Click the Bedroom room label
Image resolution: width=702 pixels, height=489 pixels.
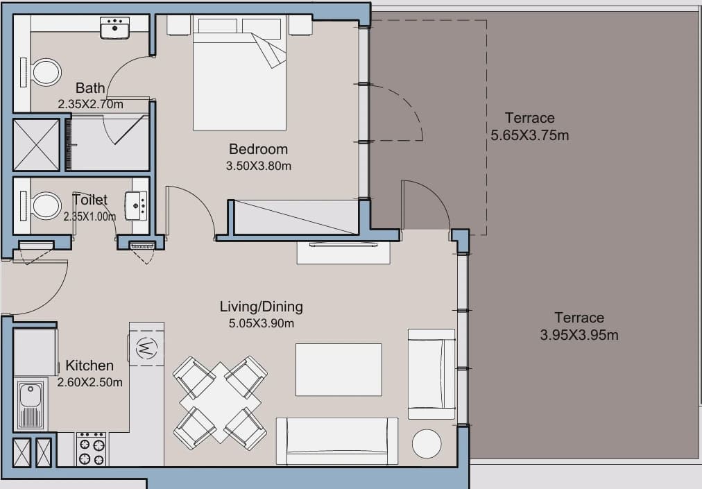(258, 148)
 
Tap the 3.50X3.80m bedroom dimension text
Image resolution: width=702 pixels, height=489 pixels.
(258, 166)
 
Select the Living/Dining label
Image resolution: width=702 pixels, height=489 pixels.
(261, 307)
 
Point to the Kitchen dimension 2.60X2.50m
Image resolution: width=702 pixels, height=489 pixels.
(89, 382)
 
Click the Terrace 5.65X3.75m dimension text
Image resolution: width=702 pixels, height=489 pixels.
(530, 135)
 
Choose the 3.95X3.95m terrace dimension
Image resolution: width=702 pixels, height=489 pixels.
(579, 334)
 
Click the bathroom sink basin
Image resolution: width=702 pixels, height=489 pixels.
(114, 28)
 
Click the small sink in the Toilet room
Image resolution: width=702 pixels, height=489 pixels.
(136, 205)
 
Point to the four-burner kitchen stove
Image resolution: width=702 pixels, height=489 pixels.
(92, 449)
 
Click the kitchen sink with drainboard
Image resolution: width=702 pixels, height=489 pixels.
(31, 405)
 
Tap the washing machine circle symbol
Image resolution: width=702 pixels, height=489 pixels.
(146, 347)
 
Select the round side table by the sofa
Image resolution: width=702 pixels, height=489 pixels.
(426, 444)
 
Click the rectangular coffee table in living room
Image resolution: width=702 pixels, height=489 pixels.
(339, 370)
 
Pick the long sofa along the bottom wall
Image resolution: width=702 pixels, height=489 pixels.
(336, 441)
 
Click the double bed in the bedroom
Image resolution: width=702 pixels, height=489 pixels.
(239, 74)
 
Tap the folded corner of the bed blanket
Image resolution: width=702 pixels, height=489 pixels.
(269, 50)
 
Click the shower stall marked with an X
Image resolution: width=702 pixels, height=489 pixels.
(36, 145)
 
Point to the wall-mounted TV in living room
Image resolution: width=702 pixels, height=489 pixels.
(343, 244)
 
